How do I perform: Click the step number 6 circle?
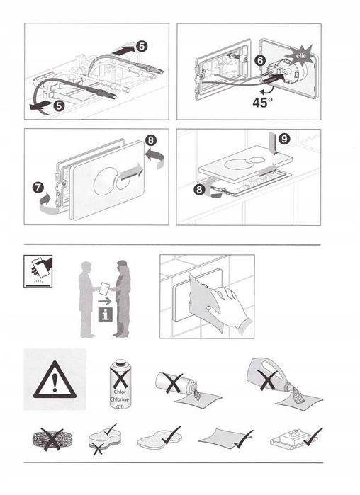point(261,62)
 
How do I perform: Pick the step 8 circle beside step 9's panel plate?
point(201,190)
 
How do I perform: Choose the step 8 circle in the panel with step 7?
point(152,141)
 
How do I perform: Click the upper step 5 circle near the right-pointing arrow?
point(142,45)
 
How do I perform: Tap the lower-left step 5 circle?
point(59,106)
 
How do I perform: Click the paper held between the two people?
point(104,288)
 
